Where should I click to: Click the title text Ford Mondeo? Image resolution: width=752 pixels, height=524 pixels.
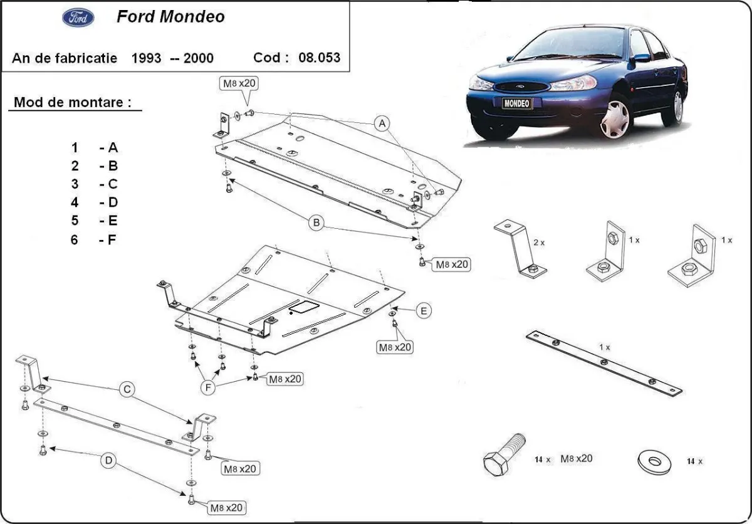click(170, 17)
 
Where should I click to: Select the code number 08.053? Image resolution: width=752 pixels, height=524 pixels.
click(320, 58)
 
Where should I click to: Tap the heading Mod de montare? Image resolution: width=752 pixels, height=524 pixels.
click(73, 102)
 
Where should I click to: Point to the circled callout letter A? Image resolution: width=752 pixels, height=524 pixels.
click(381, 123)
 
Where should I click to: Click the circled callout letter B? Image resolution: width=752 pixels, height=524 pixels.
click(316, 222)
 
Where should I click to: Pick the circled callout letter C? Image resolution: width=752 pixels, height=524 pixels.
click(127, 390)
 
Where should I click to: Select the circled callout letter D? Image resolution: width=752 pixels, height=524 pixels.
click(108, 462)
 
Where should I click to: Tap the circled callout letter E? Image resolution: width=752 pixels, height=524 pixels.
click(424, 310)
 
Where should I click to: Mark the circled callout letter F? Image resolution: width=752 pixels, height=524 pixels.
click(209, 388)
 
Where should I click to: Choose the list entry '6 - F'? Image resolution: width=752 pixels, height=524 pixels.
click(94, 239)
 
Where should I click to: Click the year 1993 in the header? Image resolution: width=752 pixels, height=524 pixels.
click(145, 58)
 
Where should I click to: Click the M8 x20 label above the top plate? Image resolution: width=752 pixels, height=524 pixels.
click(239, 83)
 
